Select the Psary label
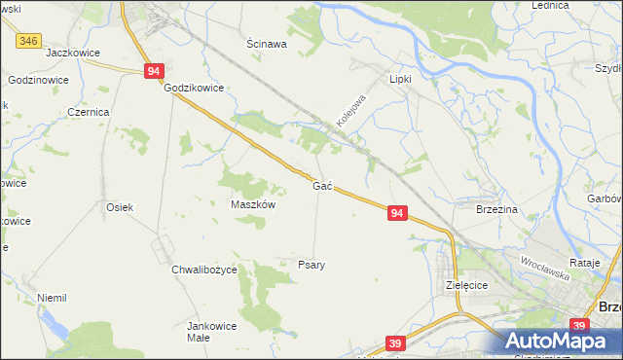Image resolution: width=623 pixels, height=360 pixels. point(311,264)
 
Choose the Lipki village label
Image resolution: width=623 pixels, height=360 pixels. point(401,79)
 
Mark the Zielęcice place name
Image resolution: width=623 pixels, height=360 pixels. point(465,285)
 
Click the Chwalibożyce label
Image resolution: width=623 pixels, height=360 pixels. point(204,269)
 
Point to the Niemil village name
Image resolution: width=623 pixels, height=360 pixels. point(51,298)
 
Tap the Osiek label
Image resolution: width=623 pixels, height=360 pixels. point(119,207)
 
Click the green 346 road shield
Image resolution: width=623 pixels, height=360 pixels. point(29,40)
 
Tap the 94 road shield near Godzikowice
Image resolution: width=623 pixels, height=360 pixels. point(154,71)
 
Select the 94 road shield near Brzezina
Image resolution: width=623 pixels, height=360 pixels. point(396,212)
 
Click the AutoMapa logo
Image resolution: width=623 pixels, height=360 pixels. point(559,340)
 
